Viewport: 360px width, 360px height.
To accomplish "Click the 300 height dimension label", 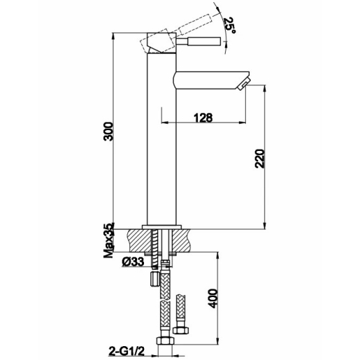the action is click(108, 132).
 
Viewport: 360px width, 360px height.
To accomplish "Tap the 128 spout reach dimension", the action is click(203, 118).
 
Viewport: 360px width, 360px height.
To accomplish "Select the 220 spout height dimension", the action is click(260, 159).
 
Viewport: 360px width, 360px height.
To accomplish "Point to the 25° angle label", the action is click(230, 26).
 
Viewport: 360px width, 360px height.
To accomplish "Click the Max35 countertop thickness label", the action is click(109, 240).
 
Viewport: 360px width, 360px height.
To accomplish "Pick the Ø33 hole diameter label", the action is click(133, 262).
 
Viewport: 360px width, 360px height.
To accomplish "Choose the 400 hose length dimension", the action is click(213, 298).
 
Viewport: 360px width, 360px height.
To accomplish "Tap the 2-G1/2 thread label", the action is click(126, 352).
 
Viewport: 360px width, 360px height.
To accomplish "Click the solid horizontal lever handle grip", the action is click(204, 42).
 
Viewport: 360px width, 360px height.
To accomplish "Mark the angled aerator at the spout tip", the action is click(244, 84).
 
